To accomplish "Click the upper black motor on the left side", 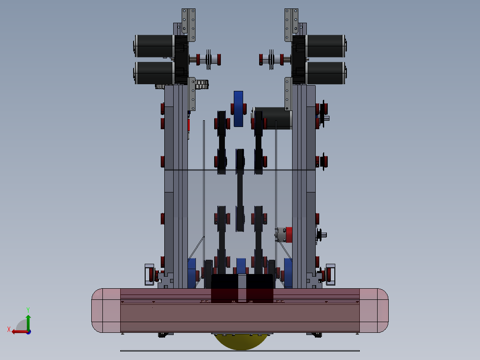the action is (x=154, y=46).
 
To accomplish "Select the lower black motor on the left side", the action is (x=154, y=73).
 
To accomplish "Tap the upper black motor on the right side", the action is (x=326, y=46).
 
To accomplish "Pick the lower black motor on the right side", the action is (x=326, y=73).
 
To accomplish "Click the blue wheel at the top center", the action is (x=239, y=109).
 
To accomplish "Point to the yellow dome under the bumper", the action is (x=240, y=341).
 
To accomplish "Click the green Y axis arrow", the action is (x=28, y=322).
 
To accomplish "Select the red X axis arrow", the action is (x=20, y=331).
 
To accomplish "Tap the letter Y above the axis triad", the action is (x=28, y=310).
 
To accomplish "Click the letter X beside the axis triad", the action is (x=9, y=329).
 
